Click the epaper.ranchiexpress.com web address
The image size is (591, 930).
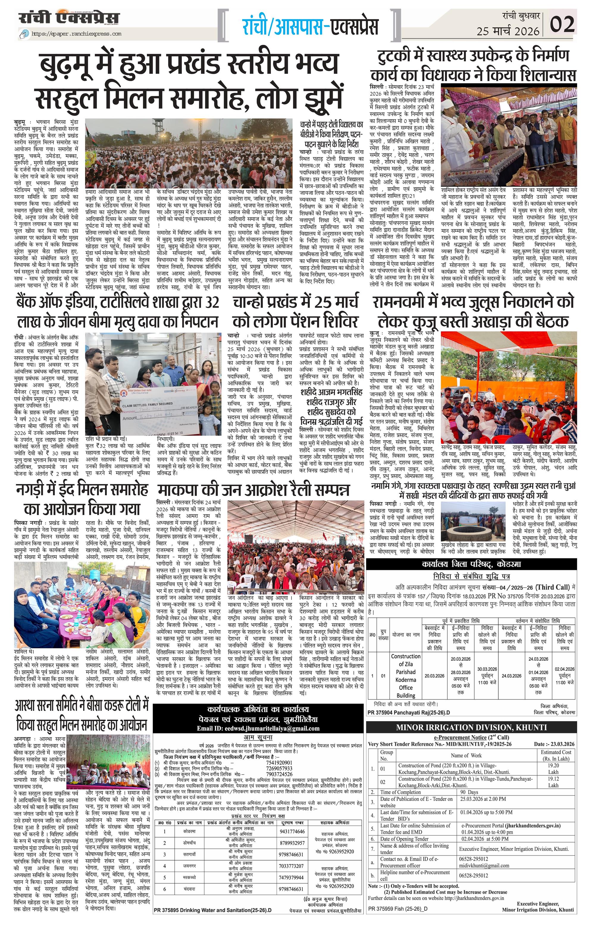[76, 34]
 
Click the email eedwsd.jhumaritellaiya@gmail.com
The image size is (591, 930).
[258, 728]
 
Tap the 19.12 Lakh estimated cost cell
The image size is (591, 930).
[553, 782]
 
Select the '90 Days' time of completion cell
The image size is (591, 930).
[470, 792]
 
